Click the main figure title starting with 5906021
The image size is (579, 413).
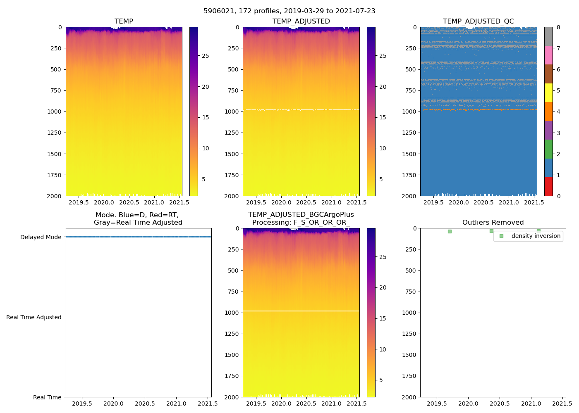[x=289, y=11]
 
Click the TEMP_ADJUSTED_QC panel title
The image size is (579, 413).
[x=478, y=21]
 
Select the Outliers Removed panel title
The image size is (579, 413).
[x=493, y=223]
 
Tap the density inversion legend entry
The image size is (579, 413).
[x=536, y=236]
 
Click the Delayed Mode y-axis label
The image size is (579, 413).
[x=41, y=237]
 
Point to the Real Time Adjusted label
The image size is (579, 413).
[x=33, y=317]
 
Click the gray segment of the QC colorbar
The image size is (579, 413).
[x=548, y=36]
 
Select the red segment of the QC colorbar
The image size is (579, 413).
[x=548, y=187]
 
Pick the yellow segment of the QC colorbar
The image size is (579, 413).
[x=548, y=93]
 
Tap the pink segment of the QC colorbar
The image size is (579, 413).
[x=548, y=55]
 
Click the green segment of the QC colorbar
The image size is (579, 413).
[x=548, y=149]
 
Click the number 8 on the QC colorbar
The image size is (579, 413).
[x=558, y=28]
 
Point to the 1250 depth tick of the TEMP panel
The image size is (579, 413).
[x=54, y=133]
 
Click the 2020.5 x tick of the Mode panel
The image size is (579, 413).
[x=145, y=404]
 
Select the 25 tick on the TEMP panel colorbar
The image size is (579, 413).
[x=206, y=56]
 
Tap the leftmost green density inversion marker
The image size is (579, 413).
[x=450, y=231]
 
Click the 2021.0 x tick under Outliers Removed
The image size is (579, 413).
[x=531, y=404]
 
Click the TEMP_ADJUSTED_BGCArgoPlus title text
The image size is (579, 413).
[x=301, y=215]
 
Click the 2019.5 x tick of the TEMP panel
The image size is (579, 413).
[x=79, y=202]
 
